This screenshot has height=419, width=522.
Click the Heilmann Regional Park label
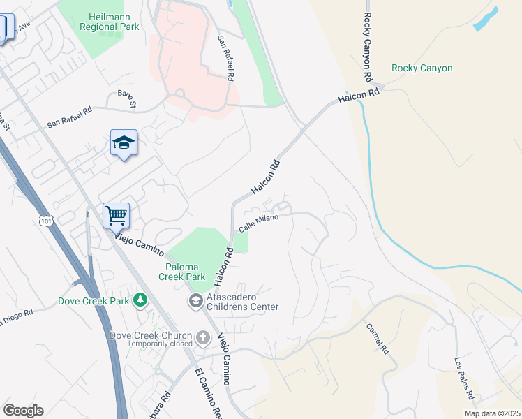(x=114, y=22)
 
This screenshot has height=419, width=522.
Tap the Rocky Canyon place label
(x=422, y=68)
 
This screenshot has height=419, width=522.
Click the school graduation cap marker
(x=124, y=143)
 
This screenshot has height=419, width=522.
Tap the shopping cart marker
(x=117, y=215)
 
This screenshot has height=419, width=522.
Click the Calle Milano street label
(x=259, y=223)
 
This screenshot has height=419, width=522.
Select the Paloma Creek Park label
(x=186, y=272)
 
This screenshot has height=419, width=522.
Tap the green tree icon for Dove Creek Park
(x=140, y=300)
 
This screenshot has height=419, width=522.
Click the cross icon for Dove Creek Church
(x=202, y=339)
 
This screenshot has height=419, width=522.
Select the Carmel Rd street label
(x=376, y=337)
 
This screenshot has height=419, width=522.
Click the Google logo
(x=23, y=410)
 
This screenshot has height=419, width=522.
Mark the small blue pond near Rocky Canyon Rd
(x=486, y=19)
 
